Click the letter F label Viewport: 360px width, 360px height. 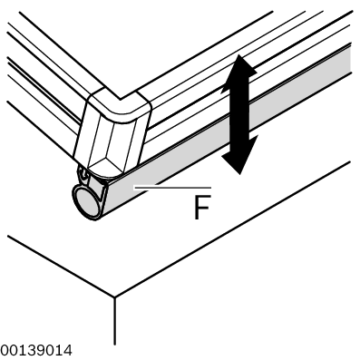201,207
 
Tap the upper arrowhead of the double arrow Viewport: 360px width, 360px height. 239,73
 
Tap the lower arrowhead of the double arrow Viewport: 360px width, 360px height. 239,156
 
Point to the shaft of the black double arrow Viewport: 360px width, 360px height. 239,114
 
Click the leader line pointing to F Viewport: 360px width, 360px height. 173,188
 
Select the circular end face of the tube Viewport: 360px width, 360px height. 85,201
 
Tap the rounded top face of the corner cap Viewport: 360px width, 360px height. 121,105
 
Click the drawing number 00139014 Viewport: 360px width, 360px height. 36,351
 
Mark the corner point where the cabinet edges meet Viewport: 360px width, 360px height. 114,297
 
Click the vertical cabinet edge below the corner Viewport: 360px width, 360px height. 114,321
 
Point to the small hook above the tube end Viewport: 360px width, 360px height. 83,174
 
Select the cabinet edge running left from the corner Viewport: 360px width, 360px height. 61,267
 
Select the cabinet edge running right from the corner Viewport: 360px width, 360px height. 232,229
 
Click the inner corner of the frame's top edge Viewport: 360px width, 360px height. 121,99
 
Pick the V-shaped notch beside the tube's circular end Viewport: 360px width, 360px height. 102,193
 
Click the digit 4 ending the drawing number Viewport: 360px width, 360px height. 68,351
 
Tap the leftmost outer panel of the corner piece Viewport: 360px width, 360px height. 85,129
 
